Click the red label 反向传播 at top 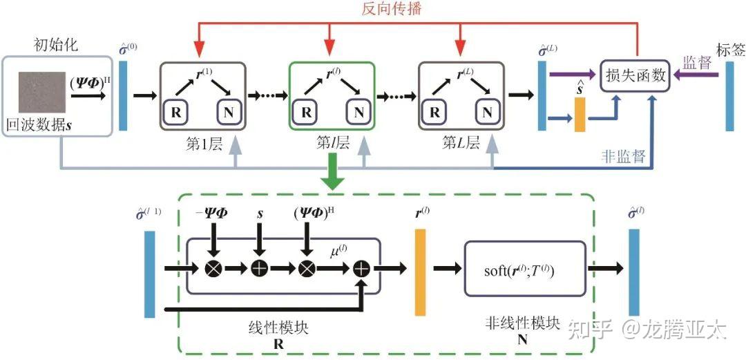392,9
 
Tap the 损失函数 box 635,75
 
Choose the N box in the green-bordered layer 358,112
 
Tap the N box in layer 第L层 487,112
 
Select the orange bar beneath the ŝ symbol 580,115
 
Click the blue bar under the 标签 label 729,97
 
